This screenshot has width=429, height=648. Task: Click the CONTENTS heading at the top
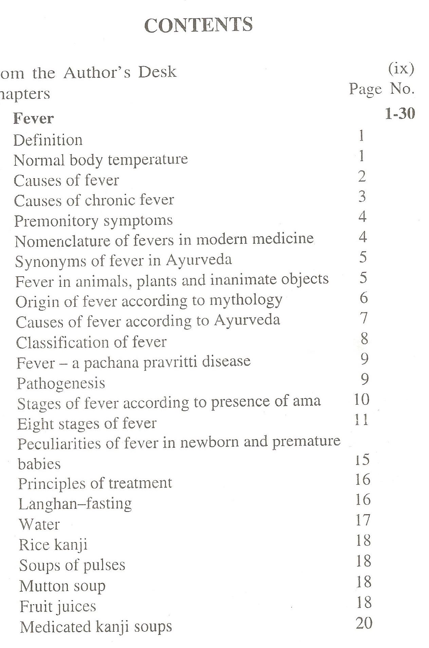(199, 25)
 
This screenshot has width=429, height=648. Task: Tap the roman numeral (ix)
(401, 69)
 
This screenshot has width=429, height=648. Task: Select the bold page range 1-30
(400, 114)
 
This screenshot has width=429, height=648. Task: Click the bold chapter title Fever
(33, 118)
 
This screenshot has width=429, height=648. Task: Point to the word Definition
(48, 140)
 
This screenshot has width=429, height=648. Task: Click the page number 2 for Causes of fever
(362, 177)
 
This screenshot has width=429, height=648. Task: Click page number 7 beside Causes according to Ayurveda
(363, 318)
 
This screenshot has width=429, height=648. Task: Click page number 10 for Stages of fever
(361, 399)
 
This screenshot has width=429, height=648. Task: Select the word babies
(39, 464)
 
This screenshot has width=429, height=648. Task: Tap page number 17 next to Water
(362, 520)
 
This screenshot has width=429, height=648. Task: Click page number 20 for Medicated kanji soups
(364, 623)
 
